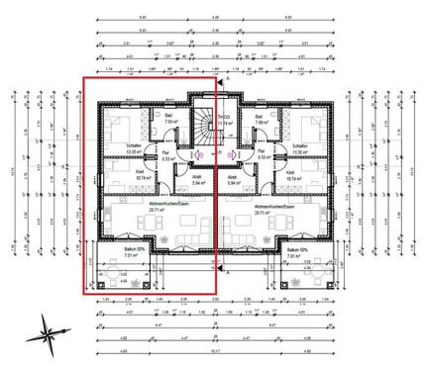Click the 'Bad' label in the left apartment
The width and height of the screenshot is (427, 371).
tap(170, 117)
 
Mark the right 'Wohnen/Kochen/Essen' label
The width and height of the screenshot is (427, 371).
tap(262, 207)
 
